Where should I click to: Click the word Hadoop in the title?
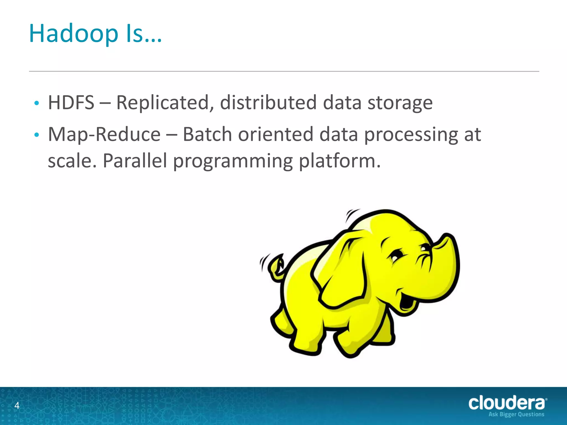pyautogui.click(x=73, y=34)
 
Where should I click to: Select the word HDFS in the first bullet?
pyautogui.click(x=71, y=103)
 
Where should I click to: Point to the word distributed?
pyautogui.click(x=268, y=103)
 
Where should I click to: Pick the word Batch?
pyautogui.click(x=207, y=134)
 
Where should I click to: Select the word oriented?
pyautogui.click(x=275, y=134)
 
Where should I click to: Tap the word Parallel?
pyautogui.click(x=135, y=161)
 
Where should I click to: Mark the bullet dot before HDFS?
pyautogui.click(x=36, y=103)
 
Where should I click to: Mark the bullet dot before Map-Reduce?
pyautogui.click(x=36, y=135)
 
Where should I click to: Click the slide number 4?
pyautogui.click(x=17, y=405)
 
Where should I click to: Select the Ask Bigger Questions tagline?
pyautogui.click(x=516, y=414)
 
